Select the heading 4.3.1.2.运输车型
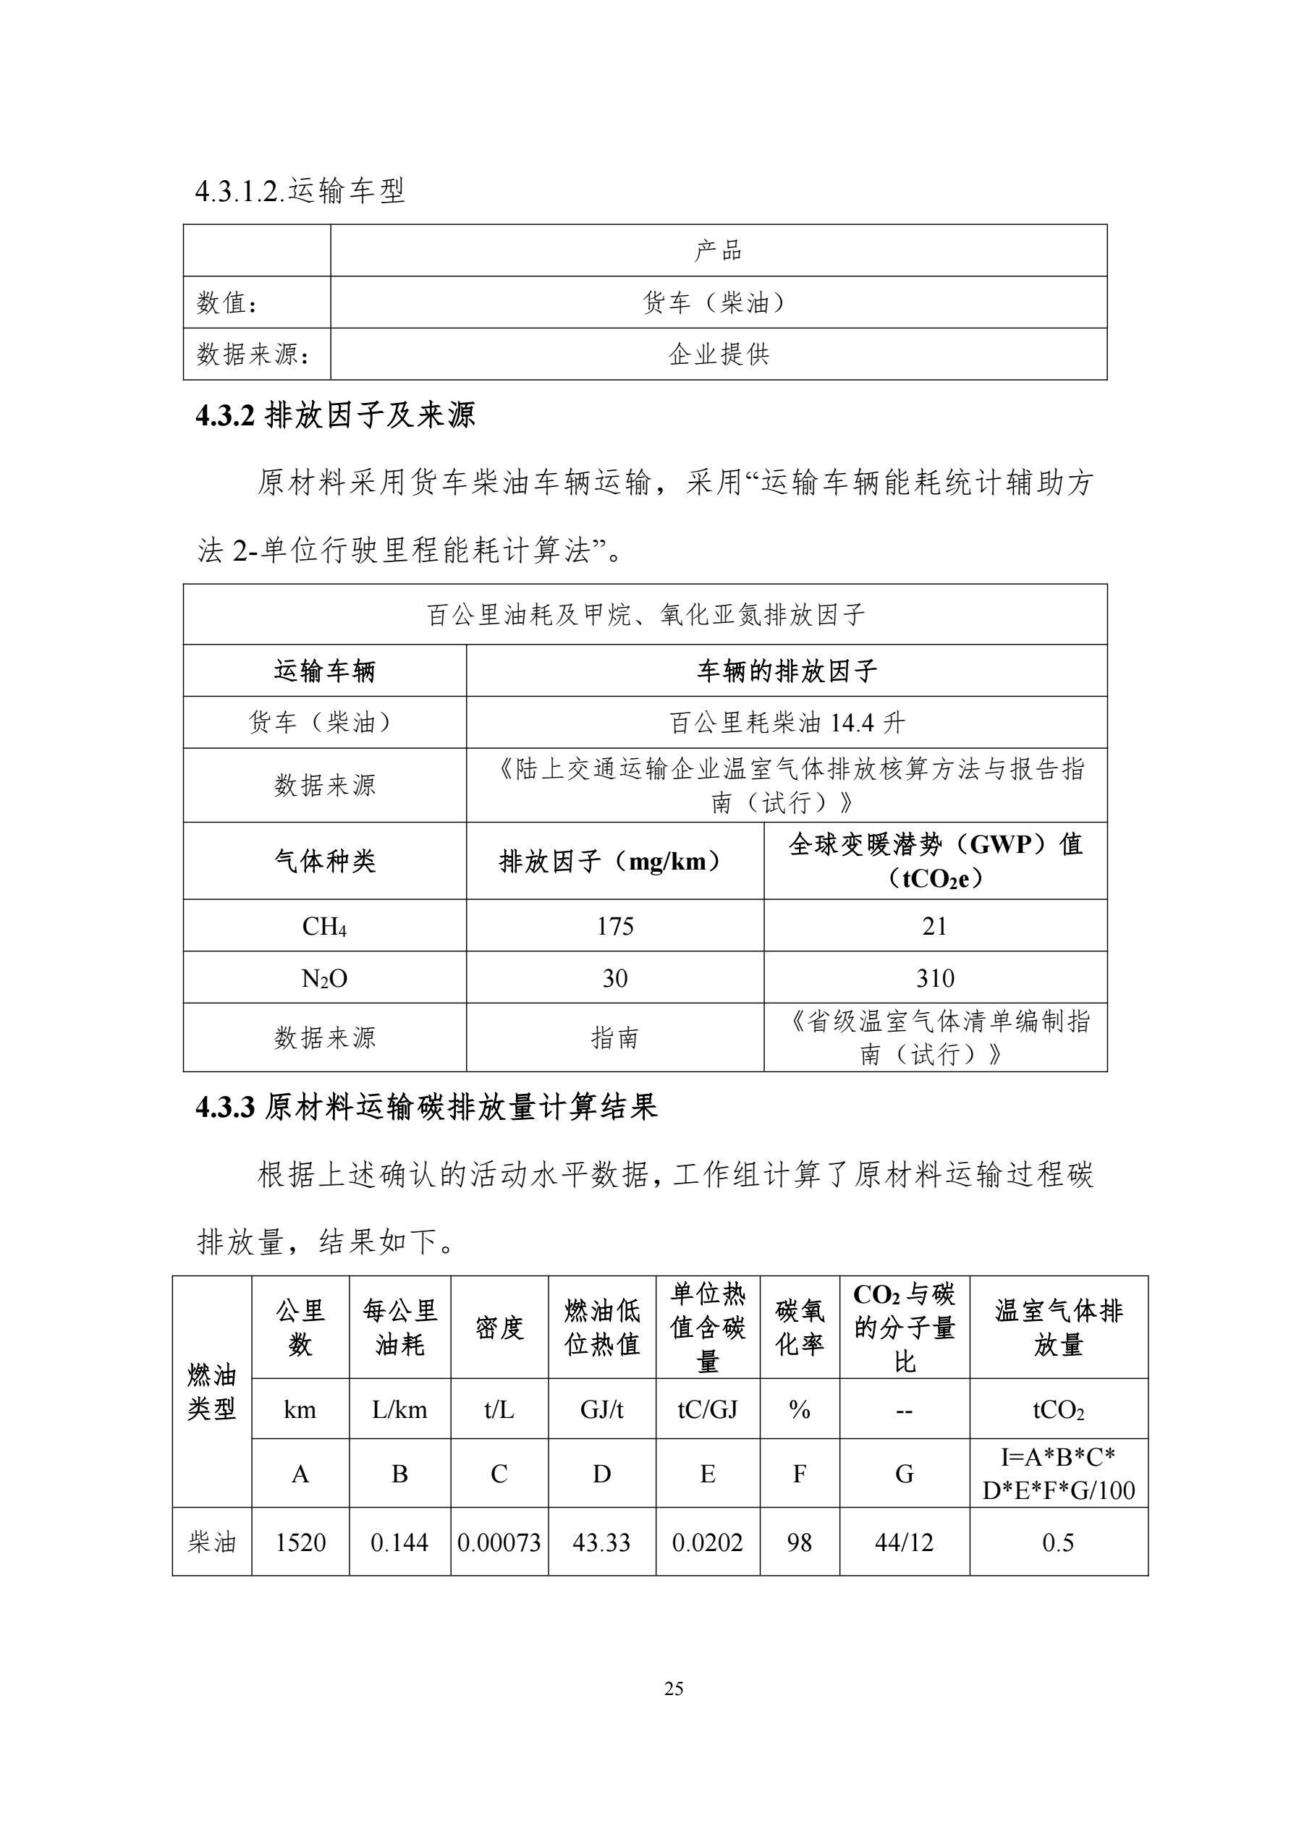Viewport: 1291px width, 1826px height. coord(300,191)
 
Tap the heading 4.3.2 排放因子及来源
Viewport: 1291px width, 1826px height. coord(335,415)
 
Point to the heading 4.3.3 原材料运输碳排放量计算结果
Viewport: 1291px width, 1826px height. coord(426,1107)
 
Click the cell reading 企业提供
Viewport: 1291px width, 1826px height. coord(719,354)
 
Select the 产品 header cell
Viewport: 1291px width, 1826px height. coord(719,250)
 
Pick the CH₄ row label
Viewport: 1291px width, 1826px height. coord(324,926)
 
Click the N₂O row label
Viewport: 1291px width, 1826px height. coord(324,977)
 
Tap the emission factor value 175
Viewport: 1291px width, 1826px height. coord(615,926)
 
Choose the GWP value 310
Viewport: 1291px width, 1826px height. coord(935,977)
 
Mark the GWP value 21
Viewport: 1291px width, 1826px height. coord(935,926)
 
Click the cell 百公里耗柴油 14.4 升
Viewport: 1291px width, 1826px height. coord(787,722)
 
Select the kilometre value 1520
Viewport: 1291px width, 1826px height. coord(300,1542)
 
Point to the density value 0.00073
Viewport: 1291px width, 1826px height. coord(499,1542)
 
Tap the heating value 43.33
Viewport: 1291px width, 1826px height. coord(601,1542)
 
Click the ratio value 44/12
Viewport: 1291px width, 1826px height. coord(904,1542)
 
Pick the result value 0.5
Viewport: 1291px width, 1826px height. coord(1058,1542)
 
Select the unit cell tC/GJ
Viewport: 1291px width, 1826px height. coord(707,1409)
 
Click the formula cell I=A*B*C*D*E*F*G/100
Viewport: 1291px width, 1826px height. coord(1058,1473)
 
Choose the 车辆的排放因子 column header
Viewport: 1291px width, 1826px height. coord(787,671)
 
